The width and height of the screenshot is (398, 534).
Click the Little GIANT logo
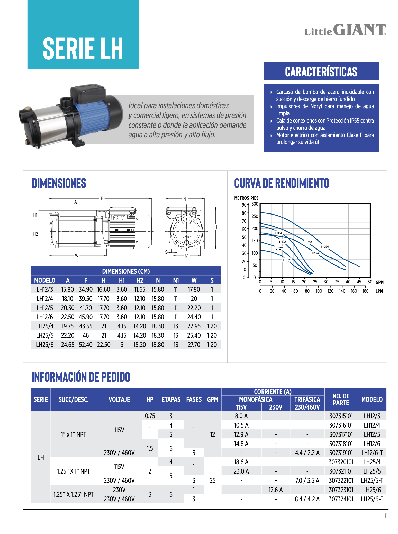(345, 30)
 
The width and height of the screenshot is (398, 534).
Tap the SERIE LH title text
(83, 49)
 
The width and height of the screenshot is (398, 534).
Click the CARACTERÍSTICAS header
(321, 72)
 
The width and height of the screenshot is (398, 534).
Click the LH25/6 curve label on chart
(325, 247)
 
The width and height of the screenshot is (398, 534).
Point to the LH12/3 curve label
(287, 260)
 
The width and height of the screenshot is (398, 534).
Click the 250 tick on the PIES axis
(255, 216)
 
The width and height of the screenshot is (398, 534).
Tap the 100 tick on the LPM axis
(319, 291)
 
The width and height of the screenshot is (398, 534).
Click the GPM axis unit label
(379, 282)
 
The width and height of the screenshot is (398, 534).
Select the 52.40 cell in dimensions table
(86, 345)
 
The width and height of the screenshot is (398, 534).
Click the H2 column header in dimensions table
(140, 280)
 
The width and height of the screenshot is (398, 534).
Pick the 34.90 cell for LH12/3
(86, 289)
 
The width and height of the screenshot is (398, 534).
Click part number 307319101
(341, 453)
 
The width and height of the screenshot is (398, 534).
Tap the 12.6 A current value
(275, 490)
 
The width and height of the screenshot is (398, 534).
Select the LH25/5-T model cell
(372, 480)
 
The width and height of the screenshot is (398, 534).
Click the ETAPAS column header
(171, 399)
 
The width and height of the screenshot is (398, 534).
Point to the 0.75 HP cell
(150, 416)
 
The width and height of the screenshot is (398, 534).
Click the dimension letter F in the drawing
(102, 198)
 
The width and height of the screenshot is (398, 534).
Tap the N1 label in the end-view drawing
(187, 256)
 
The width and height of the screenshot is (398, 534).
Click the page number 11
(386, 516)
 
